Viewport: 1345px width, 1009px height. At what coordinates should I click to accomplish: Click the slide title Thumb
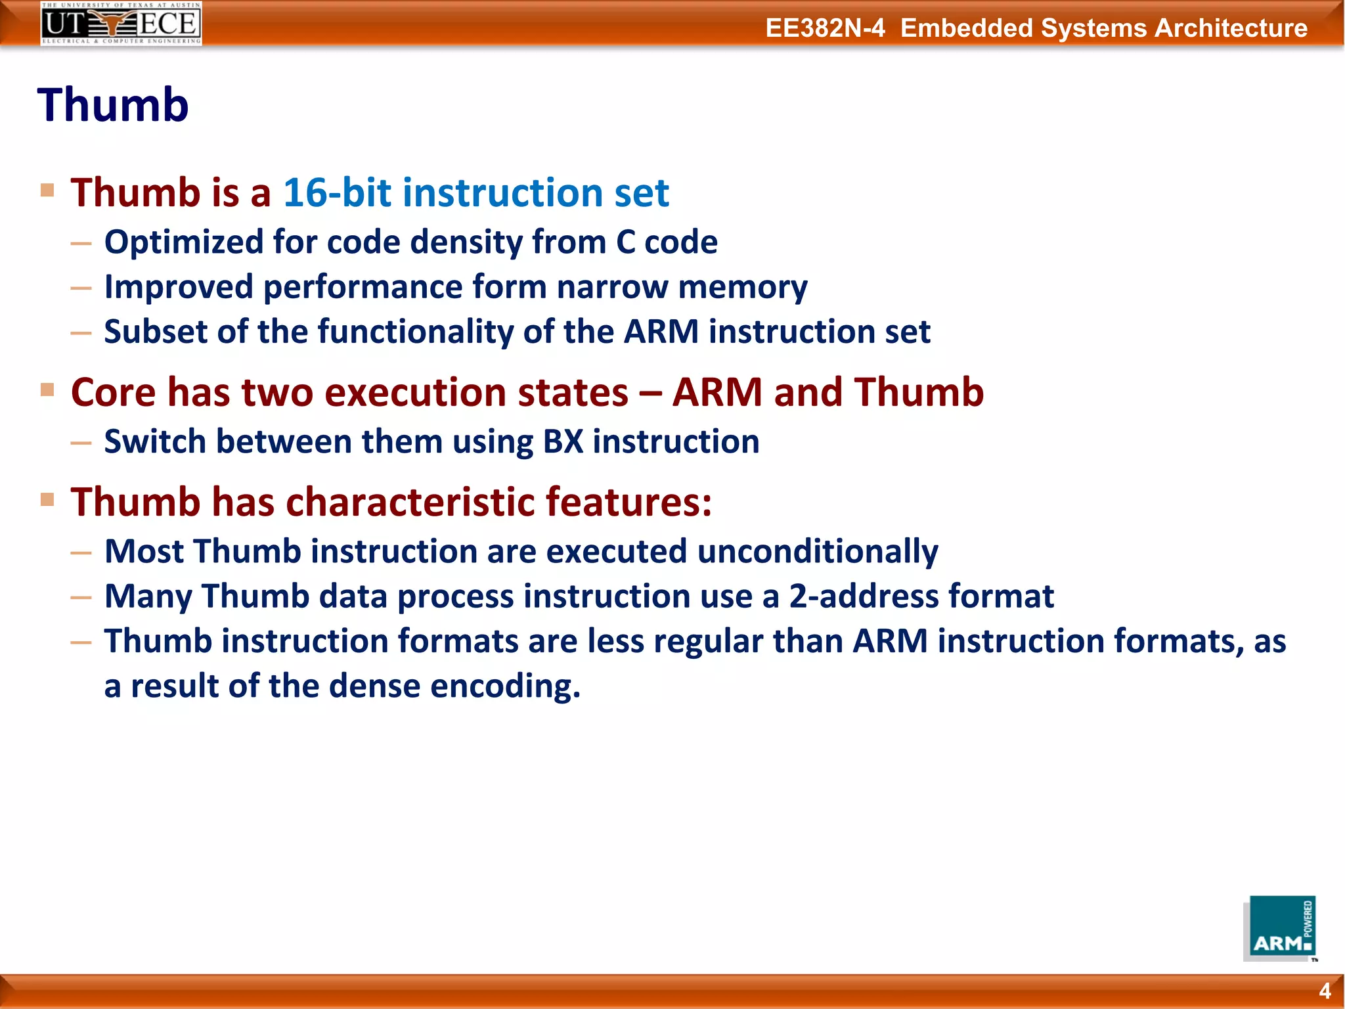[113, 105]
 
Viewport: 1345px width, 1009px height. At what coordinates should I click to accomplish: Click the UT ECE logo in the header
[121, 24]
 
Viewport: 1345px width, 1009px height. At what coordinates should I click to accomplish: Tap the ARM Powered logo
[1280, 928]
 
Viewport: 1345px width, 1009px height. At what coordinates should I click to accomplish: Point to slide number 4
[1325, 991]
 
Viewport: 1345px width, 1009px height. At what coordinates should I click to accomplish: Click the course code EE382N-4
[825, 28]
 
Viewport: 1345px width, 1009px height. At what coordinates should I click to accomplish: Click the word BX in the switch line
[563, 441]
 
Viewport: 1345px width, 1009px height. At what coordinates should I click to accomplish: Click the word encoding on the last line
[505, 686]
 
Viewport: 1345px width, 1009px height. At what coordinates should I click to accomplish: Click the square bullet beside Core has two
[47, 390]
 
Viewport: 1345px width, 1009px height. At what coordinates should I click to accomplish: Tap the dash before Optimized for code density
[81, 244]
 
